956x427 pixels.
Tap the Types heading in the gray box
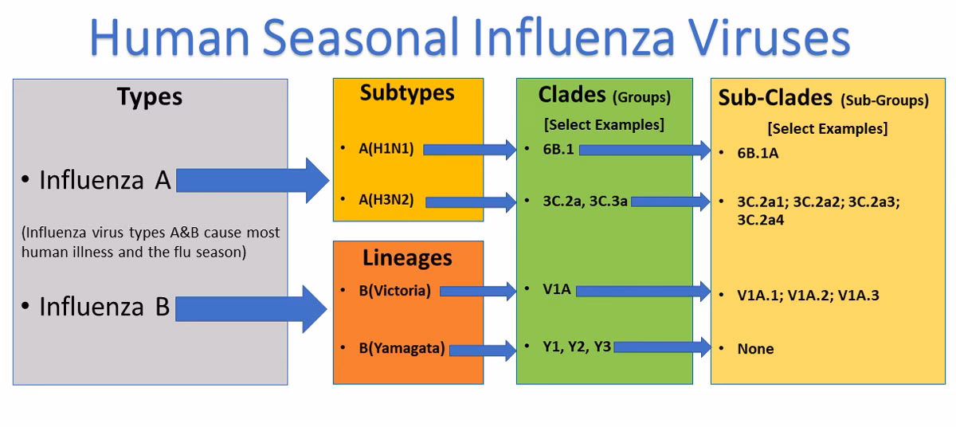coord(150,97)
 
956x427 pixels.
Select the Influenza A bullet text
coord(105,182)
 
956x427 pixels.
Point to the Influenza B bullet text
coord(104,308)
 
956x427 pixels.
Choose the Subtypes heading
coord(407,93)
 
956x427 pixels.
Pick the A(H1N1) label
coord(386,148)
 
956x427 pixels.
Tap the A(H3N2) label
coord(386,201)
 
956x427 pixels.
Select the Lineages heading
coord(407,258)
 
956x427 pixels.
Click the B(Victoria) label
coord(394,291)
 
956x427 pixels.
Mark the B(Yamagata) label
coord(402,348)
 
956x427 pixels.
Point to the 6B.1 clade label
coord(558,149)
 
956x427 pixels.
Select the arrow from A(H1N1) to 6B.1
coord(471,149)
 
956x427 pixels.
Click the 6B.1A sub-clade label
coord(758,153)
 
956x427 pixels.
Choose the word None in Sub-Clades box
coord(755,349)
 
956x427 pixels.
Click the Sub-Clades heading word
coord(774,98)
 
